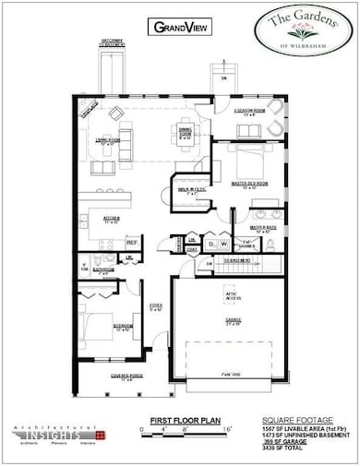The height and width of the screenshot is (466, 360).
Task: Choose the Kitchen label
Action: tap(112, 221)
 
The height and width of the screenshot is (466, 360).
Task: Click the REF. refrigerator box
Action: tap(132, 243)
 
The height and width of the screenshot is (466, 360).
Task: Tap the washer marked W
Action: tap(225, 245)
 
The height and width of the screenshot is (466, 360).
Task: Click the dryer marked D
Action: tap(210, 245)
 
